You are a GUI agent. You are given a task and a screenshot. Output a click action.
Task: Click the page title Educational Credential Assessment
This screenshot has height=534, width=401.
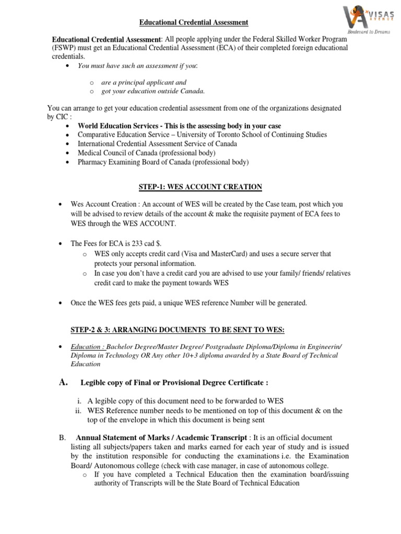coord(194,22)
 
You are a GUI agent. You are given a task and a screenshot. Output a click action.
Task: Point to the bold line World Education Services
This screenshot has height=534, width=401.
coord(179,126)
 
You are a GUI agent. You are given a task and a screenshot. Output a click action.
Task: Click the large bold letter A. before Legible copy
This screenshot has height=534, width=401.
coord(64,382)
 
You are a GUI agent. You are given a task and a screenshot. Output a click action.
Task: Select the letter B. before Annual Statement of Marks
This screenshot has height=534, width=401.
coord(62,437)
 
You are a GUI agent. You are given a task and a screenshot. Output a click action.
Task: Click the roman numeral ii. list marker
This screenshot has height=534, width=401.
coord(79,410)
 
